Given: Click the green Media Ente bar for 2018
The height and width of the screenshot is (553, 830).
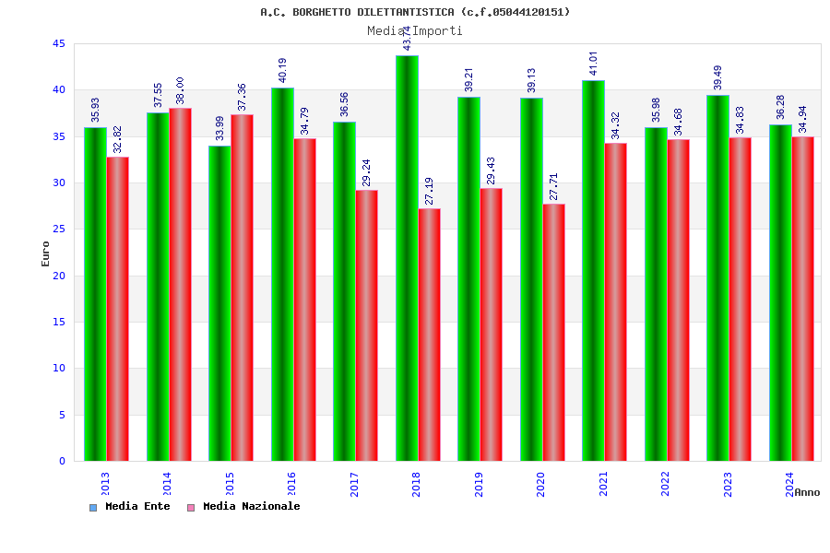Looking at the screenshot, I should [407, 258].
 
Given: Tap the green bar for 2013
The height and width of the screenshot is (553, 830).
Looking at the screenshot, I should [95, 294].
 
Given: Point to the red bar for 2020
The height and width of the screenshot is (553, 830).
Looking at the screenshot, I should [553, 332].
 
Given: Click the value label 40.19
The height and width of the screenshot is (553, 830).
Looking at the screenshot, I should [283, 70].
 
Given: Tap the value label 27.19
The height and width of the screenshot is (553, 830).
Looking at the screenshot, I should [430, 191].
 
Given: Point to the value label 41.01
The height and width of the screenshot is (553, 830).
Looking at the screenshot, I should [594, 63].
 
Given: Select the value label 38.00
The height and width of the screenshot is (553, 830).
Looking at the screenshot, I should [180, 90].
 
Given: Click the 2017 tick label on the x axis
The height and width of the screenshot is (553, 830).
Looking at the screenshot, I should [355, 484].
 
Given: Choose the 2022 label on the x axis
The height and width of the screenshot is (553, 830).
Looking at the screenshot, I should [666, 484].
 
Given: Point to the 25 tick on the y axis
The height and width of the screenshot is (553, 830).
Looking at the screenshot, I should [59, 229].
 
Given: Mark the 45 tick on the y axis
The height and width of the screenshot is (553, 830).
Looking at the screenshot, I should [59, 43].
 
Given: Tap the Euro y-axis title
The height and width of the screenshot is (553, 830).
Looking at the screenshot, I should [46, 253].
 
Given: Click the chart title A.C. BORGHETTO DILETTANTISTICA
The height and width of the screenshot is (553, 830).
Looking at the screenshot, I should [415, 12].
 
